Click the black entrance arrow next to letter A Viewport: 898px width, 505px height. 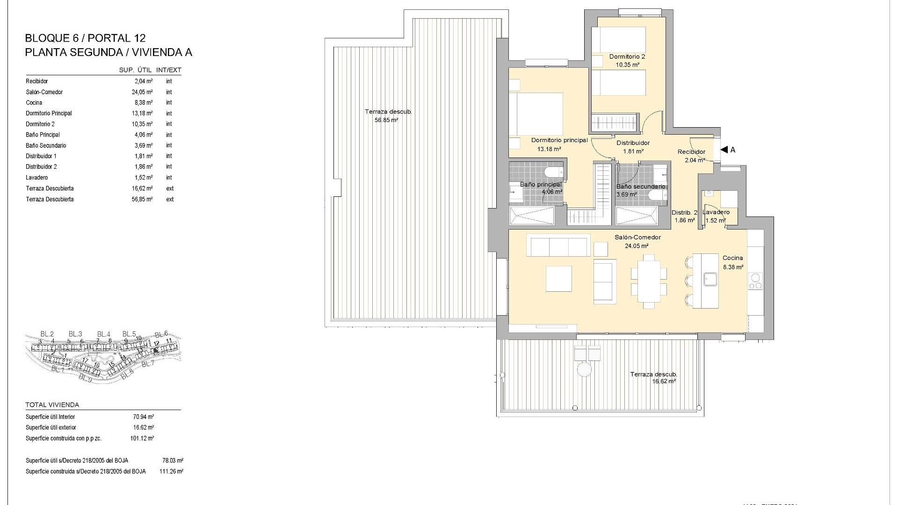tap(724, 150)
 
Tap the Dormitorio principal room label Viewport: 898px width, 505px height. tap(559, 140)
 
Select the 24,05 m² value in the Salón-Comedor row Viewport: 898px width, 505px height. tap(143, 92)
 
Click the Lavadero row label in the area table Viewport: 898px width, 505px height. tap(37, 178)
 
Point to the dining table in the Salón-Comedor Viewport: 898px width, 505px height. tap(649, 281)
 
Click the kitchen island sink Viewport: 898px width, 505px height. tap(711, 279)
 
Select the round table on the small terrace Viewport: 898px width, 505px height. tap(584, 370)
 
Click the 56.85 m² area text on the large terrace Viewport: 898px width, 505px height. tap(386, 120)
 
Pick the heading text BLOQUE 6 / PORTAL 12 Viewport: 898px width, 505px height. tap(85, 38)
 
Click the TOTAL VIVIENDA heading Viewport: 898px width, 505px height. tap(52, 405)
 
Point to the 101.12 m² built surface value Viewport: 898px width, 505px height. tap(142, 439)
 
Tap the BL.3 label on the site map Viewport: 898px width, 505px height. tap(75, 334)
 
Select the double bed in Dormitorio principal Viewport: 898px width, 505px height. tap(536, 114)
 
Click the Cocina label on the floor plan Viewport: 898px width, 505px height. tap(732, 258)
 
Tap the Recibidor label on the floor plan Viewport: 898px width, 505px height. tap(691, 152)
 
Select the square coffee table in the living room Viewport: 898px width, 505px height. tap(558, 279)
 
